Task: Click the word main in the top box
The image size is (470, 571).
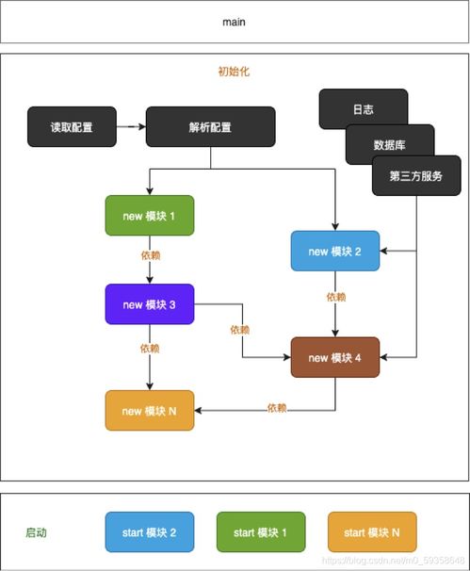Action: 234,22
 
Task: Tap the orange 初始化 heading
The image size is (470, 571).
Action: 234,71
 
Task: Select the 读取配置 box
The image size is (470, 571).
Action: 72,126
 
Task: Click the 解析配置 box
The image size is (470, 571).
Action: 210,126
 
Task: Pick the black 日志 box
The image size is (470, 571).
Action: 363,108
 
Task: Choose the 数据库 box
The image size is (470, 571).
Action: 389,144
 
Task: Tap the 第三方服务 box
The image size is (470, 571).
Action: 415,176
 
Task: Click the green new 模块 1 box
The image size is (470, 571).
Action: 149,216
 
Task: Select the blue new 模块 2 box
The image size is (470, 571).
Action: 334,251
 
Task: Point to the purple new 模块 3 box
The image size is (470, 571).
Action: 149,303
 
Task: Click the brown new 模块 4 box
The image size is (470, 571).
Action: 334,357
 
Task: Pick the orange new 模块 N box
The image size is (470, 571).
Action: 149,411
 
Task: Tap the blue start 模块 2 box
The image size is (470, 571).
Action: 149,532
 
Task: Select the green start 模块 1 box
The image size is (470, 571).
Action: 261,532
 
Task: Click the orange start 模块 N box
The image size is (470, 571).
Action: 372,532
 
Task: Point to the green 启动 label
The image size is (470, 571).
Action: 36,532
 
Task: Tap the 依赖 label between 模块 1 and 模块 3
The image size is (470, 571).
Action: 149,255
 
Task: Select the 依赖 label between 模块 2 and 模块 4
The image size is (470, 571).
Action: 335,297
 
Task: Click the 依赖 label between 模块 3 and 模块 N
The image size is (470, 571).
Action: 149,348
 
